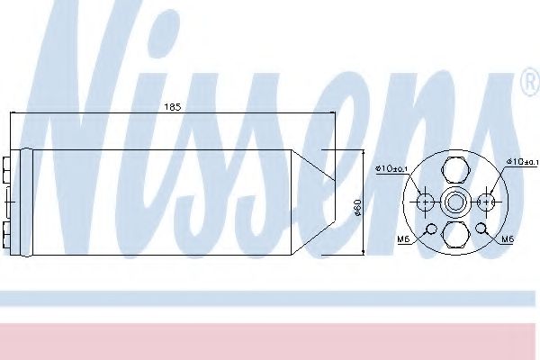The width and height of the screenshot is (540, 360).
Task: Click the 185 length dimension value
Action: coord(173,107)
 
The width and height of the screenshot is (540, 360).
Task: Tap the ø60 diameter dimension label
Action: coord(357,207)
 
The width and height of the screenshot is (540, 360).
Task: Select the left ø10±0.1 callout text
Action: coord(391,169)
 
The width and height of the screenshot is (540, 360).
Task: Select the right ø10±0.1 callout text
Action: coord(522,161)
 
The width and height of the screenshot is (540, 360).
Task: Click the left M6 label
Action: coord(404,238)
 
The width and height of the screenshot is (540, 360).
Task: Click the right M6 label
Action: coord(508,238)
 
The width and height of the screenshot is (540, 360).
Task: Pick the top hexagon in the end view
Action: coord(455,170)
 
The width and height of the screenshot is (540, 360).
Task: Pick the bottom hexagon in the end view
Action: coord(455,234)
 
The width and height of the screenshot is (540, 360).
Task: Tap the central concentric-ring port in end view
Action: coord(455,202)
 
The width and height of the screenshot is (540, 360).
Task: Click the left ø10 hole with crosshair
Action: coord(426,202)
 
